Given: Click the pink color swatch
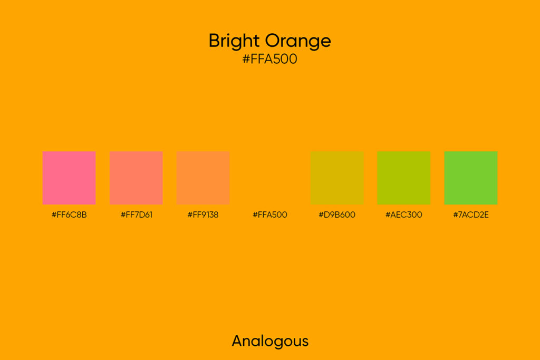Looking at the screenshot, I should pyautogui.click(x=69, y=178).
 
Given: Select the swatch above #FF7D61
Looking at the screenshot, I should pyautogui.click(x=136, y=178).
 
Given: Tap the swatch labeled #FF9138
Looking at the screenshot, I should pyautogui.click(x=203, y=178).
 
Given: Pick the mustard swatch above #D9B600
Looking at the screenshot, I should pyautogui.click(x=337, y=178).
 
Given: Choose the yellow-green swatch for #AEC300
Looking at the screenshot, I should pyautogui.click(x=404, y=178).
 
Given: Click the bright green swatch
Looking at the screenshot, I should pyautogui.click(x=471, y=178).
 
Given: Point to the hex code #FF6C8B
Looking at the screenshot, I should pyautogui.click(x=69, y=215).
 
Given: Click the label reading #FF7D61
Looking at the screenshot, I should pyautogui.click(x=136, y=215).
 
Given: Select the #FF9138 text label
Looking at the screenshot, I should pyautogui.click(x=203, y=215).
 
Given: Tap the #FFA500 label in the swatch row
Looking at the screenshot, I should pyautogui.click(x=270, y=215).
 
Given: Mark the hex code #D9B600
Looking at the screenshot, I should pyautogui.click(x=337, y=215).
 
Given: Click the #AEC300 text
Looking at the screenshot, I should pyautogui.click(x=404, y=215).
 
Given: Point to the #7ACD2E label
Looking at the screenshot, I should pyautogui.click(x=471, y=215).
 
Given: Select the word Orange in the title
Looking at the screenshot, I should pyautogui.click(x=298, y=41).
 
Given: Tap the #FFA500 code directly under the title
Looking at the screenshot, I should pyautogui.click(x=270, y=60).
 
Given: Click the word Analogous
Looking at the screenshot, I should pyautogui.click(x=270, y=341).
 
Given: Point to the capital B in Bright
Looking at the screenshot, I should pyautogui.click(x=214, y=41).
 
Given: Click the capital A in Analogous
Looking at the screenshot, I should pyautogui.click(x=238, y=340).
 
